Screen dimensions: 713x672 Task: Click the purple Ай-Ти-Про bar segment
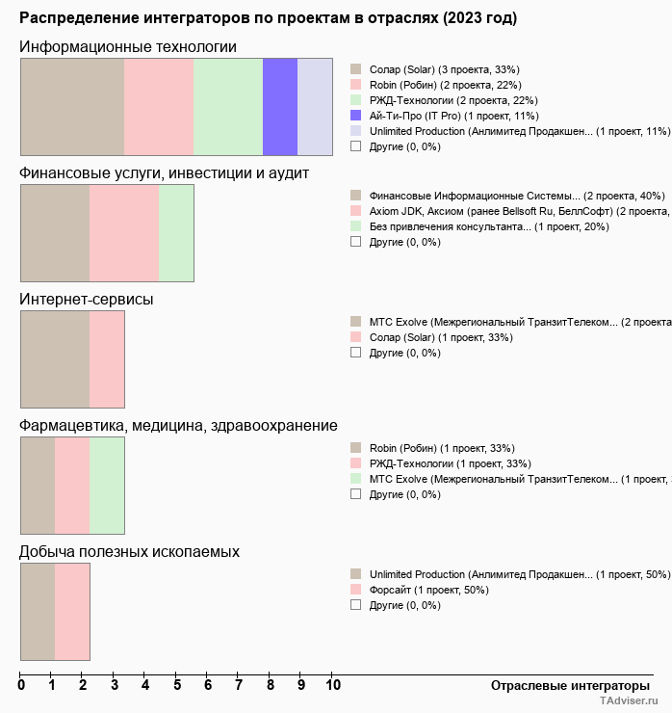280,107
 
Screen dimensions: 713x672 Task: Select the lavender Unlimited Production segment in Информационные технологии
315,107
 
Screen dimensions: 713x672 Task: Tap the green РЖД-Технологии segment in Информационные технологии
228,107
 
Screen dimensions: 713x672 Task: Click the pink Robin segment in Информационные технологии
159,107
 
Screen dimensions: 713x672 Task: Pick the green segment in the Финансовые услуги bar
176,233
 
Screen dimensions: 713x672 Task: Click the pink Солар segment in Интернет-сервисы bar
107,360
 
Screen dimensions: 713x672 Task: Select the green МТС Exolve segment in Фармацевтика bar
107,486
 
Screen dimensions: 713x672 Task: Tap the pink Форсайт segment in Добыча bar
72,612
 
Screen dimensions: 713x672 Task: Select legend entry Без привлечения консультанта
449,226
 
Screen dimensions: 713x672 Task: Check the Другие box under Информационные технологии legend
355,146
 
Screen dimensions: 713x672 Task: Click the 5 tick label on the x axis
177,685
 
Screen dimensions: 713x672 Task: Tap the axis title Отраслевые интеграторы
564,685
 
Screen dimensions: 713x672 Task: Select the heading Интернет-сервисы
87,299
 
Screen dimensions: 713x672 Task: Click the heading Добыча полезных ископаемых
130,551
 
